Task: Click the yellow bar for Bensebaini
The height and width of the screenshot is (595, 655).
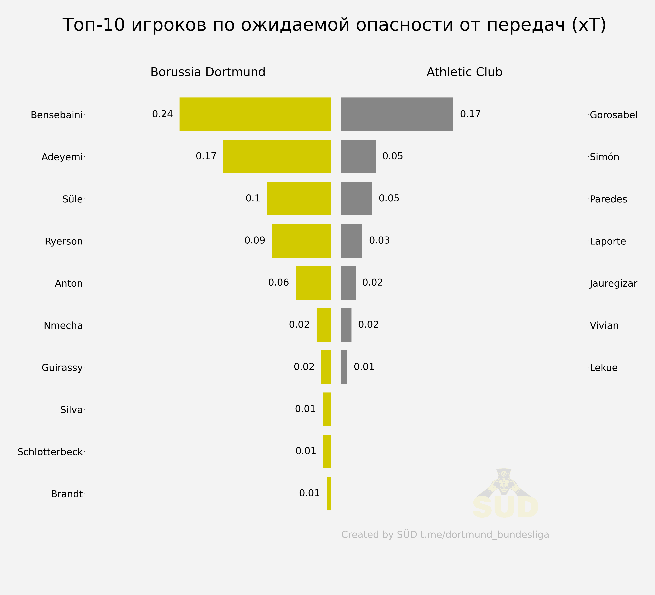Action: (255, 114)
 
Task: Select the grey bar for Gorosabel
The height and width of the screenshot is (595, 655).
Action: (397, 114)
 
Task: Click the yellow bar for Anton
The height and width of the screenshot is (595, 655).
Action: (313, 283)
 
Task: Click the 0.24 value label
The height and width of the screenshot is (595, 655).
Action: (163, 114)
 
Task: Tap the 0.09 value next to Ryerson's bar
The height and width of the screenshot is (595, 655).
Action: (255, 240)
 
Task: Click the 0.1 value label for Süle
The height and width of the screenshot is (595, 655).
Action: (253, 198)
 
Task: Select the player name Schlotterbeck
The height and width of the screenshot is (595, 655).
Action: (50, 452)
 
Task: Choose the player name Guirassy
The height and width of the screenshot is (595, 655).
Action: (62, 368)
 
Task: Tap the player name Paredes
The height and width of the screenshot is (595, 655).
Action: (608, 199)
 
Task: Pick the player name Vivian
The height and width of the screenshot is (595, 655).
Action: (604, 325)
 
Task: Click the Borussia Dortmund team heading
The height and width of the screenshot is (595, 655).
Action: (208, 72)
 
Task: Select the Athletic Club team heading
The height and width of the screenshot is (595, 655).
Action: (464, 72)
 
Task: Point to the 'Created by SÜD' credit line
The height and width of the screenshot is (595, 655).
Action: (445, 535)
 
